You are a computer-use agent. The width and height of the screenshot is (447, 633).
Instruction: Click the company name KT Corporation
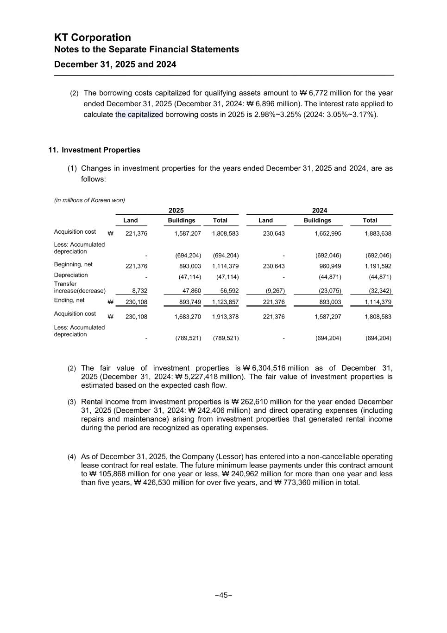(93, 38)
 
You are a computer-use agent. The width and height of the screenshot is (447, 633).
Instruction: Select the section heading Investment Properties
(101, 150)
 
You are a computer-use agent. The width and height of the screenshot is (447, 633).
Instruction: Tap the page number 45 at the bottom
(223, 595)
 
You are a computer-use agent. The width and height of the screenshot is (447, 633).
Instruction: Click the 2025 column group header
(176, 211)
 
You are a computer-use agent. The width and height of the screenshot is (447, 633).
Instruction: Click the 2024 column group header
(320, 211)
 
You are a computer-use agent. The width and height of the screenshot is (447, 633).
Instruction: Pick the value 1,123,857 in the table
(226, 302)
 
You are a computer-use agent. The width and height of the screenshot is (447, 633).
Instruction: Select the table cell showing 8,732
(139, 291)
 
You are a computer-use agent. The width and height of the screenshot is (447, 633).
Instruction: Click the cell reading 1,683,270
(188, 317)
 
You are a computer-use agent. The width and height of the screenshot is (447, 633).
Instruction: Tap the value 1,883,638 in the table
(378, 234)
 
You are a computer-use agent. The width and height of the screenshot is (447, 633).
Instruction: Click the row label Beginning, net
(73, 264)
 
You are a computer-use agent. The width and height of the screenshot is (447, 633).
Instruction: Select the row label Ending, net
(69, 301)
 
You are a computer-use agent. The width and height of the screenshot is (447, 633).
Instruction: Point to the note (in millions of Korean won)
(89, 200)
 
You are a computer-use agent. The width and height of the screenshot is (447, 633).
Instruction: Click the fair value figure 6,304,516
(269, 368)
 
